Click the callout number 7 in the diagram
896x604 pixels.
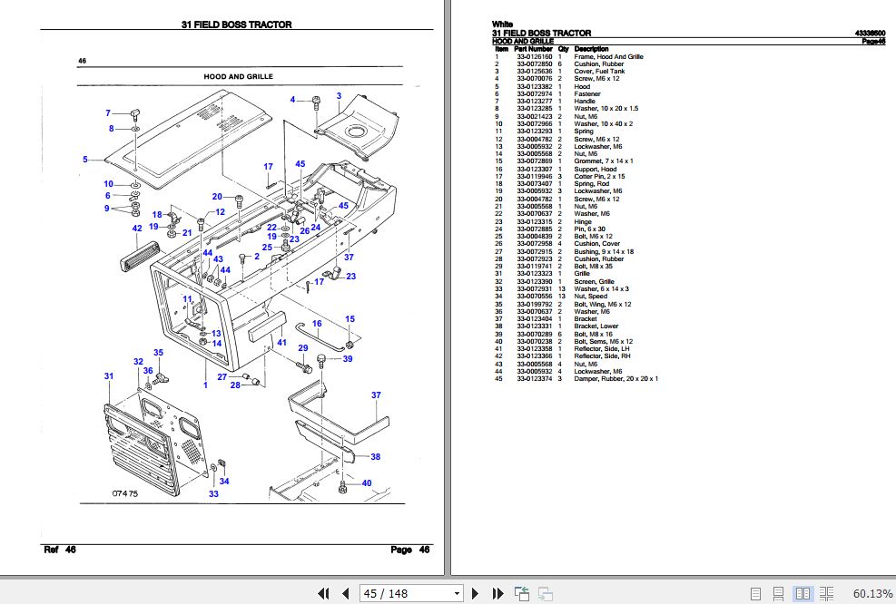pos(108,113)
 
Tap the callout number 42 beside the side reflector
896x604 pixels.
pos(137,229)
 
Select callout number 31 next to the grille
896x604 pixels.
pos(109,376)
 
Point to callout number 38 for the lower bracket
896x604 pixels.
pos(375,456)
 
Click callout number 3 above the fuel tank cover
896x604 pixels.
pos(339,96)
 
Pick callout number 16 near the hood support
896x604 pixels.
pos(317,324)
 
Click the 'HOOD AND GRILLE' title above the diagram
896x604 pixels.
pos(238,77)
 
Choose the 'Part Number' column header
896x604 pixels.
pos(533,49)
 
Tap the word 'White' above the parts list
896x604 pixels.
pos(502,24)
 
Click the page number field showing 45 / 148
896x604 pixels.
pos(409,593)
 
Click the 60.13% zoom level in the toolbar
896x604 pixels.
pos(872,593)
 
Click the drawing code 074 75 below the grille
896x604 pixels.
pos(125,493)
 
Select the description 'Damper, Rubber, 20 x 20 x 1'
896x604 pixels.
pos(616,378)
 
